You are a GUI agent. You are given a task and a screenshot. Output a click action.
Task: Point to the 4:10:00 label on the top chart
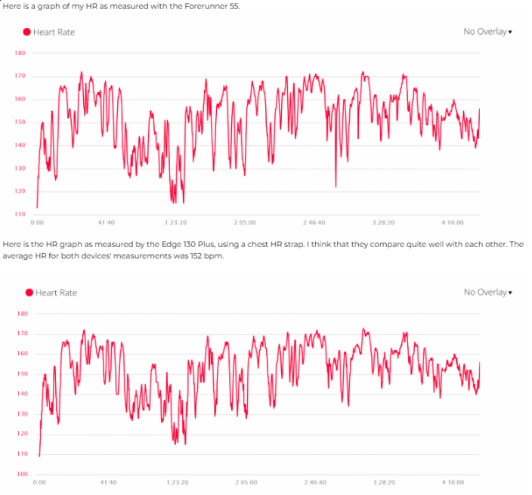452,223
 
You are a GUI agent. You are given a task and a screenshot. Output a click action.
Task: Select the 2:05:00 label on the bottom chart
246,482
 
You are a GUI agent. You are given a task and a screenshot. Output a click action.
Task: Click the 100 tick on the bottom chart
22,474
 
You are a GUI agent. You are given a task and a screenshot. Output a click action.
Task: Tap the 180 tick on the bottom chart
22,313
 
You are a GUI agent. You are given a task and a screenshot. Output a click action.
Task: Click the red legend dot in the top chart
27,32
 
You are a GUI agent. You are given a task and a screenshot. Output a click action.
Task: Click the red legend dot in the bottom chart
29,292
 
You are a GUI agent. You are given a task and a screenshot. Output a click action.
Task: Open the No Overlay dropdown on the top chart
487,32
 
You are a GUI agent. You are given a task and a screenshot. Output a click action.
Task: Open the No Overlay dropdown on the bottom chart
487,292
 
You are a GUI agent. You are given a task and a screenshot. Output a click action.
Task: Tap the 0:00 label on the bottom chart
40,482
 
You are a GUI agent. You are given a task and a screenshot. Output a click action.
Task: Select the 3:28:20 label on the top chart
383,223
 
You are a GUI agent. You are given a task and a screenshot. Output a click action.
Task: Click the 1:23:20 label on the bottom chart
178,482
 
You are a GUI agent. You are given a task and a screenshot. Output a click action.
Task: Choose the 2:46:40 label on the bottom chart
315,482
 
